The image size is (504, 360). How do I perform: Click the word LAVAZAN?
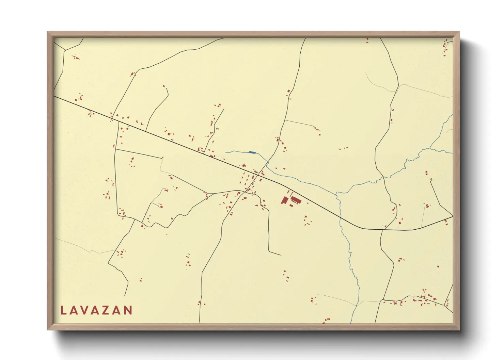coord(96,310)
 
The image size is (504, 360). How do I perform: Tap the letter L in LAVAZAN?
coord(63,310)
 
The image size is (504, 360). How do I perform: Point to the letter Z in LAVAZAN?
coord(107,310)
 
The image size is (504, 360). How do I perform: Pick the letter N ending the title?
coord(128,310)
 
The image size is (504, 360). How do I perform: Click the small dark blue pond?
coord(252,152)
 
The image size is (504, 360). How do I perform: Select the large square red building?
coord(284,200)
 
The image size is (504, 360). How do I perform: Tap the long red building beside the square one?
coord(296,199)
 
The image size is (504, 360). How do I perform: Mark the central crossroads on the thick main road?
coord(260,174)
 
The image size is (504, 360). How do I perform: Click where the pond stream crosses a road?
coord(267,163)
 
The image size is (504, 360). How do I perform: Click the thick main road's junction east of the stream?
coord(382,230)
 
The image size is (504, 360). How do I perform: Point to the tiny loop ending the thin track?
coord(315,128)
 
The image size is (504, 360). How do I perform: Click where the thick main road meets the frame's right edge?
coord(453,216)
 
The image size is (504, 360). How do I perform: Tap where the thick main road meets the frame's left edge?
coord(54,96)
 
